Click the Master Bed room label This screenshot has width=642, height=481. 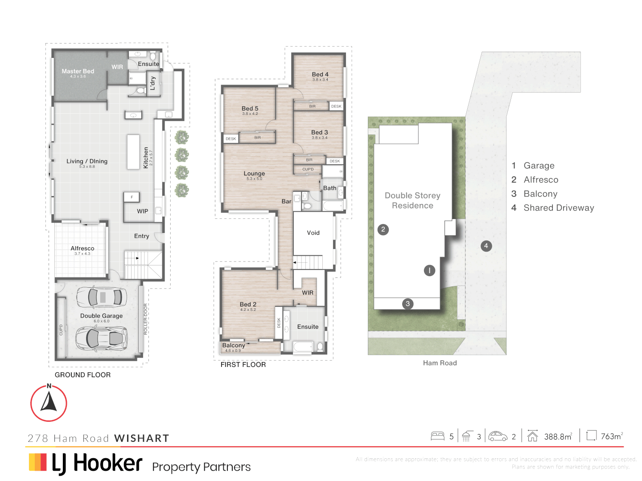pos(78,71)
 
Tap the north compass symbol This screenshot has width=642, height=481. pos(49,403)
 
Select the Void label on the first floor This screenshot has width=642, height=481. pos(313,233)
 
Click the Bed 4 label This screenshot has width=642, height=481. pos(320,74)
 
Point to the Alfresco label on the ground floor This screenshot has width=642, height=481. pos(82,249)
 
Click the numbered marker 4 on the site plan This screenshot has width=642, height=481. pos(486,246)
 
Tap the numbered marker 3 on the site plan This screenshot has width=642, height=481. pos(407,304)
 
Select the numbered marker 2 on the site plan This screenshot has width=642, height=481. pos(383,229)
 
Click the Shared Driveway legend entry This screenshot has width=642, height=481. pos(558,208)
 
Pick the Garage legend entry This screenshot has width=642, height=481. pos(539,166)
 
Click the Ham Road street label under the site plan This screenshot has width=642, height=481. pos(440,363)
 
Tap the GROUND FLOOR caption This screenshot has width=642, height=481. pos(82,375)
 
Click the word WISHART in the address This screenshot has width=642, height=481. pos(142,438)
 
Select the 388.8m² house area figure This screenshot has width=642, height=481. pos(558,436)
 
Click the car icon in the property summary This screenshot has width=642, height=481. pos(498,436)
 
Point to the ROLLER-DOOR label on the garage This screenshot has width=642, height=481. pos(145,319)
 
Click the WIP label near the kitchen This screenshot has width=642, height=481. pos(142,211)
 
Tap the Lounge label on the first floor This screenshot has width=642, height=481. pos(254,174)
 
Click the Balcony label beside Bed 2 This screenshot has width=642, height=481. pos(233,346)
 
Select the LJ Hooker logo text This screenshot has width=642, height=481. pos(97,464)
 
